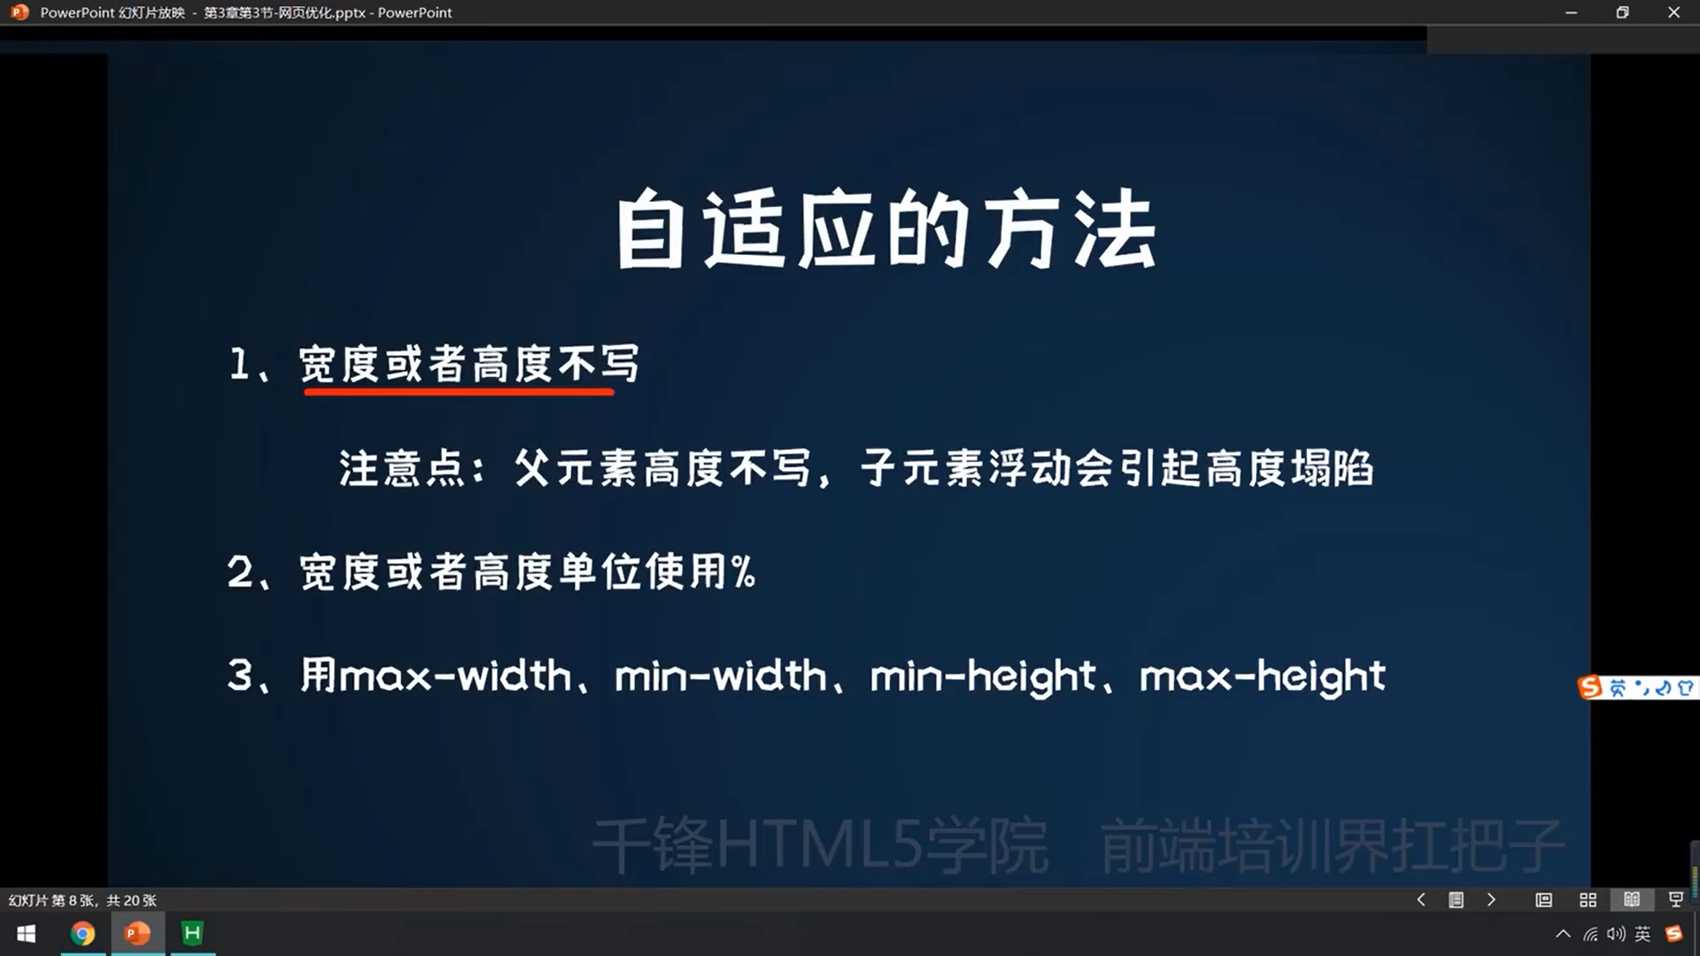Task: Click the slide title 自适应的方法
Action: click(x=886, y=229)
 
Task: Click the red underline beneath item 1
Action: click(x=459, y=389)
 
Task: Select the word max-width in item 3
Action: click(x=455, y=676)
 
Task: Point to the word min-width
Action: click(x=720, y=676)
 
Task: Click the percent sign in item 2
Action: click(x=744, y=572)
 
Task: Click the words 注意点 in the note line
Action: click(x=402, y=468)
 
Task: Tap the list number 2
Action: click(x=240, y=572)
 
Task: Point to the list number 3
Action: click(x=240, y=675)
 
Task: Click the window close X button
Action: click(x=1673, y=12)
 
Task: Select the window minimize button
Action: click(x=1572, y=12)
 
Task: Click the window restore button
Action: click(x=1622, y=12)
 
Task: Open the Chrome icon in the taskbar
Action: click(x=82, y=933)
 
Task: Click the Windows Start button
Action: click(x=27, y=934)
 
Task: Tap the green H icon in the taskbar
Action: click(x=192, y=933)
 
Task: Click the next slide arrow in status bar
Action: click(x=1492, y=899)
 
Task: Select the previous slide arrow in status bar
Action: click(x=1421, y=899)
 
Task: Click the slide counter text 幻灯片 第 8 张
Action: click(x=51, y=900)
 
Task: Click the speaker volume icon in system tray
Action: click(x=1617, y=934)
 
